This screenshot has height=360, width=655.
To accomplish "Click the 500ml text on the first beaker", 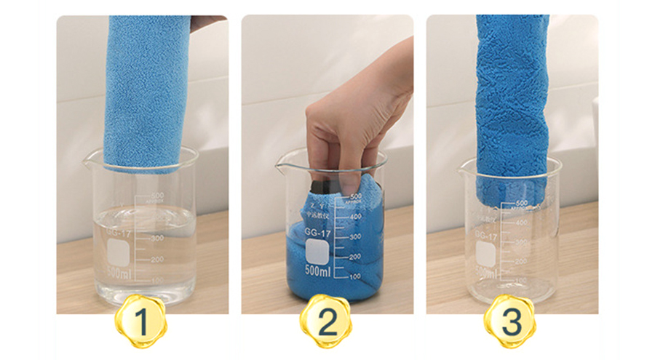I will (x=119, y=273).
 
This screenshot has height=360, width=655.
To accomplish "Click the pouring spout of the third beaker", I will (x=463, y=169).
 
